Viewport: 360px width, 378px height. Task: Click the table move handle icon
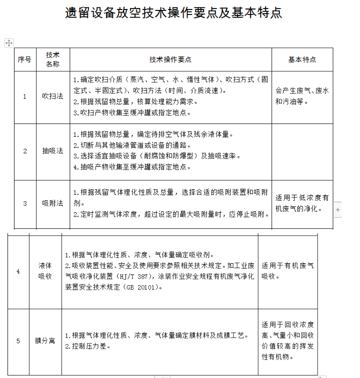coord(9,43)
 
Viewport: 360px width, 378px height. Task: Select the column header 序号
coord(25,59)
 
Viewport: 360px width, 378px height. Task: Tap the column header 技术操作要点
coord(170,59)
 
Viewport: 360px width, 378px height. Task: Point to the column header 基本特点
coord(302,59)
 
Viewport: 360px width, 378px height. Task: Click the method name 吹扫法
coord(53,96)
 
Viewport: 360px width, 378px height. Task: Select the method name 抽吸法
coord(53,151)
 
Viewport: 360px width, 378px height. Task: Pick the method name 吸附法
coord(53,203)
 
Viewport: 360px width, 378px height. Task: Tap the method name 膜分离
coord(45,341)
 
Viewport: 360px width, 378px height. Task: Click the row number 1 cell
coord(25,96)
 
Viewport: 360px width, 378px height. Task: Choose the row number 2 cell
coord(25,151)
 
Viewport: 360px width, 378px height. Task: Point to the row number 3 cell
coord(25,203)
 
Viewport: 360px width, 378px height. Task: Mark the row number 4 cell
coord(18,271)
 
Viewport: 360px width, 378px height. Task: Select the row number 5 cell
coord(18,341)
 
